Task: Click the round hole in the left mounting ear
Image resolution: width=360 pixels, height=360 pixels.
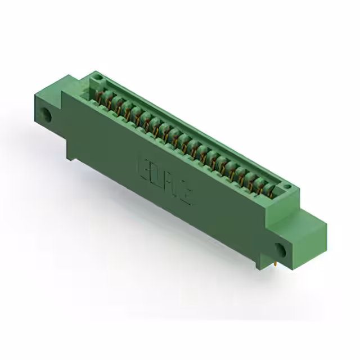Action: tap(47, 117)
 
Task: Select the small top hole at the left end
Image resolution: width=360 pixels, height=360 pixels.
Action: tap(96, 75)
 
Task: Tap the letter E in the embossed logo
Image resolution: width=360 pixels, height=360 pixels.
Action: tap(145, 169)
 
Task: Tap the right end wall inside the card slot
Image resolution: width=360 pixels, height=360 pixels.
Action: tap(278, 187)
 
